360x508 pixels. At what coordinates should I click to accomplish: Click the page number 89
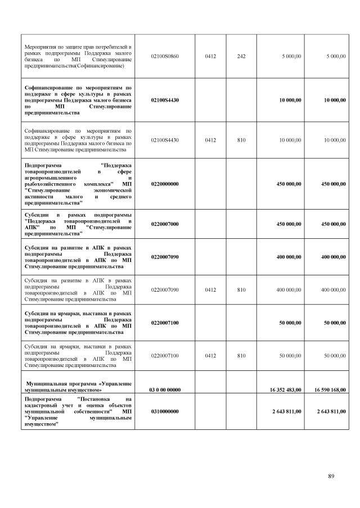click(x=331, y=477)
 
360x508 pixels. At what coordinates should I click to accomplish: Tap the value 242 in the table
click(x=241, y=56)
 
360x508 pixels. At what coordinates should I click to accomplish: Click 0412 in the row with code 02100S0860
click(x=210, y=56)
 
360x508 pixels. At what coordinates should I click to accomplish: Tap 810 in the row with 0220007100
click(x=241, y=356)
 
